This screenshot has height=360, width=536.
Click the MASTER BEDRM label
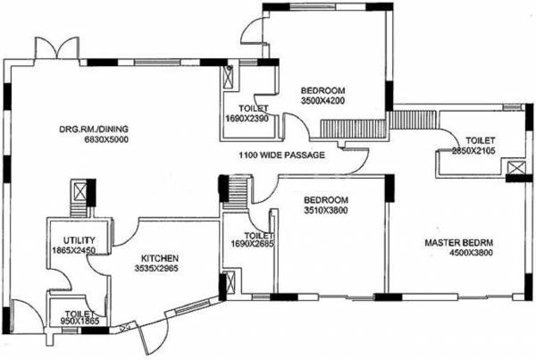pyautogui.click(x=460, y=242)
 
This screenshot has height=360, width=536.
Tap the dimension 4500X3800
pyautogui.click(x=460, y=254)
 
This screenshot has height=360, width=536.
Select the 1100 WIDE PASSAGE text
pyautogui.click(x=281, y=155)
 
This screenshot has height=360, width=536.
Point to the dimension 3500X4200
pyautogui.click(x=322, y=102)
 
